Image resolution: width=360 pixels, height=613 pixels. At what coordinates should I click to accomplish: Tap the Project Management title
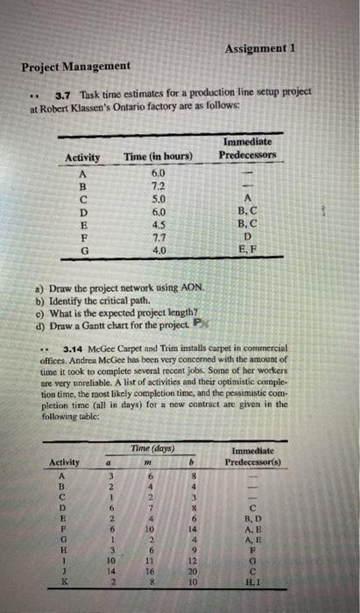coord(76,67)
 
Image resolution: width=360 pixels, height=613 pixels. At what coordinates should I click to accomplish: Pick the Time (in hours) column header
coord(159,157)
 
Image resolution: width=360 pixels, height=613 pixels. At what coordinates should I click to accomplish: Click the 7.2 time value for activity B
coord(159,186)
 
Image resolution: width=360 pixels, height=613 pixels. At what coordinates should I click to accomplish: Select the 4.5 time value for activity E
coord(159,222)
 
